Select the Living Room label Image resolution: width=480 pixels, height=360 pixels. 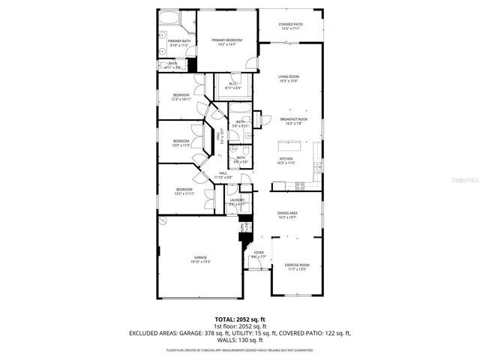289,77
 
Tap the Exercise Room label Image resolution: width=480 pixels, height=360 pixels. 297,266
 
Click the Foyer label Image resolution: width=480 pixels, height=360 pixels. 258,255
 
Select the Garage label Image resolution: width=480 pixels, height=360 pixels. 201,259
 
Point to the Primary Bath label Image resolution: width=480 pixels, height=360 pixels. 178,43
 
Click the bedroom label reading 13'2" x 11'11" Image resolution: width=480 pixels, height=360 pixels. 184,191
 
